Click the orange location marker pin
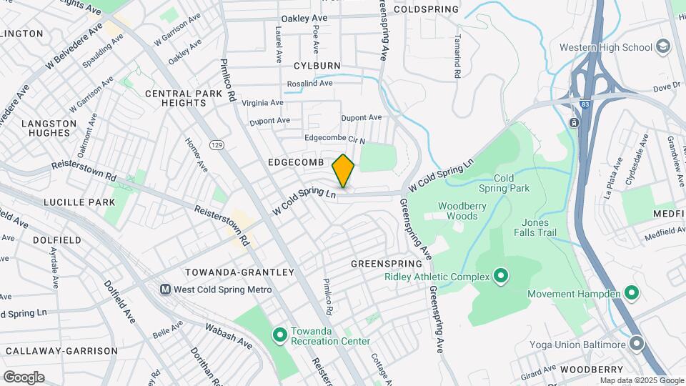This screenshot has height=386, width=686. point(344,171)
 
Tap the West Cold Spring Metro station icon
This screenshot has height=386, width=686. point(166,289)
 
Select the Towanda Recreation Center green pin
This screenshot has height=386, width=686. point(279,334)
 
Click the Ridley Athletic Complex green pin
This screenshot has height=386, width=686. point(501,276)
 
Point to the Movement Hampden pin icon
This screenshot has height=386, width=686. point(631,293)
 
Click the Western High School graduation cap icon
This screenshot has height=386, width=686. point(664,47)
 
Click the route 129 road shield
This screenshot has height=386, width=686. point(217,145)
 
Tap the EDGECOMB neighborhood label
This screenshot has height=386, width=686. point(297,163)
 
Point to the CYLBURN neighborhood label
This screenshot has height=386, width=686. point(317,66)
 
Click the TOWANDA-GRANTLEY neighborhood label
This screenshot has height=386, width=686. point(239,272)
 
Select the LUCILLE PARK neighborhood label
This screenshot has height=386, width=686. point(79,202)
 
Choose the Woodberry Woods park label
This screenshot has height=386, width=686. point(462,211)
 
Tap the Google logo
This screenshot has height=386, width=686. point(24,377)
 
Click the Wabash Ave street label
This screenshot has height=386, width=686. point(229,337)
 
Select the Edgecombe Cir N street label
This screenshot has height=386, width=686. point(334,139)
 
